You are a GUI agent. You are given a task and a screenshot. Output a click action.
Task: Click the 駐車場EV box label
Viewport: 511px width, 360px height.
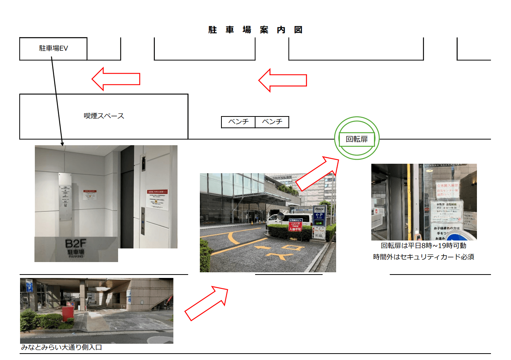click(53, 48)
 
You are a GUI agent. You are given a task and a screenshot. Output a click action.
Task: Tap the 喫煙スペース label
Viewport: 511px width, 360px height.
click(104, 116)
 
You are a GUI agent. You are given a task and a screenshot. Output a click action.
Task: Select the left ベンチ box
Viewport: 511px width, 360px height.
click(238, 122)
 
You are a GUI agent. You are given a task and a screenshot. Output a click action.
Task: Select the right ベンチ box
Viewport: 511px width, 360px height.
click(272, 122)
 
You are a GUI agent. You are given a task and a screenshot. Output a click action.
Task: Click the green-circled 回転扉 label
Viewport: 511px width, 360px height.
click(357, 139)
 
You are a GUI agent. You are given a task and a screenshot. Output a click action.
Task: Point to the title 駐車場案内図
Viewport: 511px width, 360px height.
click(255, 30)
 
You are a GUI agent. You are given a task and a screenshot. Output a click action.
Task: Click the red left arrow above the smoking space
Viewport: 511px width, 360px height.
click(115, 79)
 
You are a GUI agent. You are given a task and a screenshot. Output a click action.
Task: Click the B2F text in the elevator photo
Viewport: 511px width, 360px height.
click(76, 244)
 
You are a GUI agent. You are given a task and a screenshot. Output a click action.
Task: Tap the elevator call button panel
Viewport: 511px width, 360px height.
click(143, 221)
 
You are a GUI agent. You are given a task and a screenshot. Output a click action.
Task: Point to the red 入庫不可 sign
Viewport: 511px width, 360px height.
click(295, 225)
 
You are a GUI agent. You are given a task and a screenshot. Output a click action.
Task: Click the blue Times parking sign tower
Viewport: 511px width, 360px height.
click(319, 221)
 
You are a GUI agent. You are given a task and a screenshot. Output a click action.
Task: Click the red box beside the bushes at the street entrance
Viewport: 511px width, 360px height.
click(68, 313)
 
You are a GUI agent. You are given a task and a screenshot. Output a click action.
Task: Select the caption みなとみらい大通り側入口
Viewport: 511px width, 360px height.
click(61, 347)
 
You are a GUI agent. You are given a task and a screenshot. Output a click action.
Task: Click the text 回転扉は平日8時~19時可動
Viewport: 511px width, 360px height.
click(423, 246)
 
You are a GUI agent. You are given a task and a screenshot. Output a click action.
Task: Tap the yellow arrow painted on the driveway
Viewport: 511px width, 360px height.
click(263, 248)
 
